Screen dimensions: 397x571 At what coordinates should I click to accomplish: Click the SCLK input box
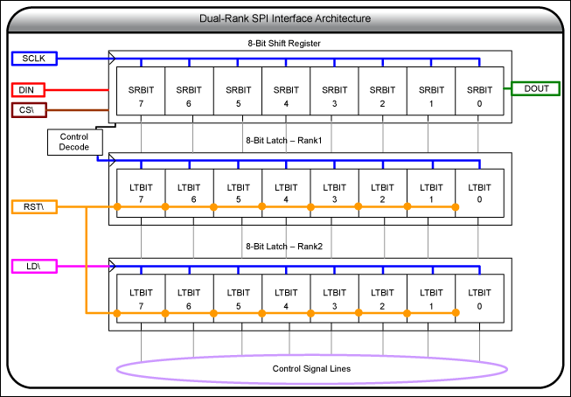pos(34,59)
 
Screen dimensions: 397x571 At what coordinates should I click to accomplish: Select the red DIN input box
pos(34,90)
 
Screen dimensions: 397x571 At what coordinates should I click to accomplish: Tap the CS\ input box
pos(34,110)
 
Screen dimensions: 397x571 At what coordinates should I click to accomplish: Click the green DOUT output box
pos(536,89)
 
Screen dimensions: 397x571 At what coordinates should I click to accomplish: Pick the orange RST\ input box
pos(34,207)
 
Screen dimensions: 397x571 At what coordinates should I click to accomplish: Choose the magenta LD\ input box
pos(34,266)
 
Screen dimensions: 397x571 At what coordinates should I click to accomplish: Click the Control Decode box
pos(73,143)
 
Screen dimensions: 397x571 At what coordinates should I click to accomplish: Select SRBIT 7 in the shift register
pos(141,96)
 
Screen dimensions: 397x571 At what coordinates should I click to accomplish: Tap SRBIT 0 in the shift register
pos(478,96)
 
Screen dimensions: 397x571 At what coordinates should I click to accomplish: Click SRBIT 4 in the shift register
pos(286,96)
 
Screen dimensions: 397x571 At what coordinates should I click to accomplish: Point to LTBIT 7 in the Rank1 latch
pos(141,193)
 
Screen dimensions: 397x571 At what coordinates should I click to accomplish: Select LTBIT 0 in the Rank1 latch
pos(478,193)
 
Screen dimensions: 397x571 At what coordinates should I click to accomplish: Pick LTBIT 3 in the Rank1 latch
pos(334,193)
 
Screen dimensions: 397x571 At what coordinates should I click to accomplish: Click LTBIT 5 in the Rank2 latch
pos(238,298)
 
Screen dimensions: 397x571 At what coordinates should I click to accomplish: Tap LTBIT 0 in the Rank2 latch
pos(478,298)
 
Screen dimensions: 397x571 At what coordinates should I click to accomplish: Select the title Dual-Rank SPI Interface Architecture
pos(285,18)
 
